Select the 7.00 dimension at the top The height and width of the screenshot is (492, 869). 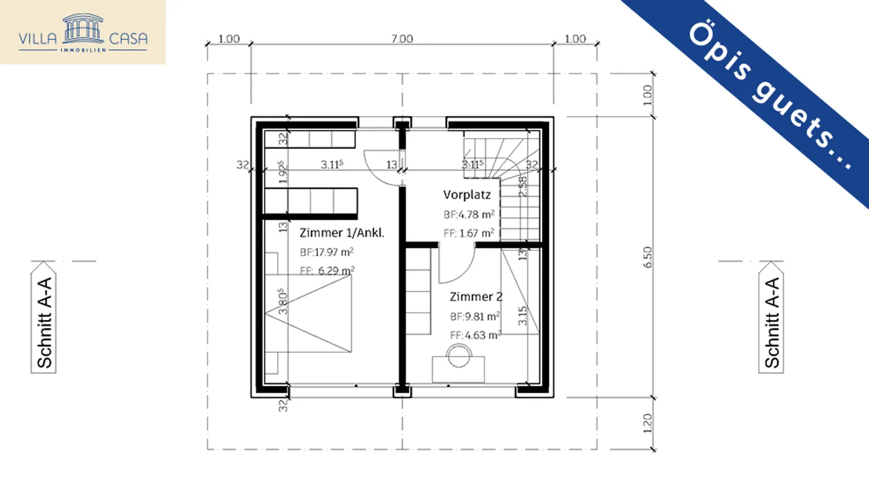[x=402, y=39]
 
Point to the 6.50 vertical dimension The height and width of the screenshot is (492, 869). [x=648, y=257]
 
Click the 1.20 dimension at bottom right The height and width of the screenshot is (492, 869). [x=648, y=424]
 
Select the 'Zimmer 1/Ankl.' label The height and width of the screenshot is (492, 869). [x=342, y=233]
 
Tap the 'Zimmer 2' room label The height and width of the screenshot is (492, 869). [x=476, y=297]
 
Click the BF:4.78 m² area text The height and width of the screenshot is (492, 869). [x=469, y=213]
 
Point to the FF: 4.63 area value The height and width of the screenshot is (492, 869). [x=476, y=335]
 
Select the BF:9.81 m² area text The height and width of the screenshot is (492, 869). [x=475, y=316]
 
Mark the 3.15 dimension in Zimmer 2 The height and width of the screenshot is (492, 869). [x=523, y=315]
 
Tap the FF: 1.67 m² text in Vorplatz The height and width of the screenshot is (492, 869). [x=469, y=232]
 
